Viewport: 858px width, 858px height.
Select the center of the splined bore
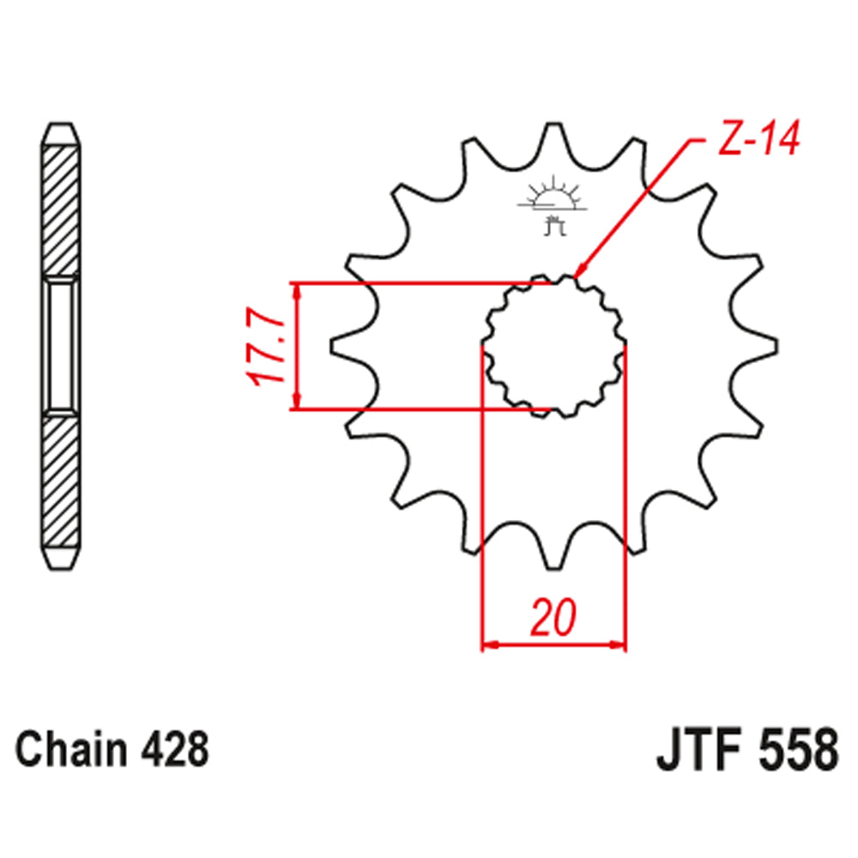(x=553, y=347)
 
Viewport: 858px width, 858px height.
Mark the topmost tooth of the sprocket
(x=553, y=137)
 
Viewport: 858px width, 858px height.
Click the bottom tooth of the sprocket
(x=553, y=558)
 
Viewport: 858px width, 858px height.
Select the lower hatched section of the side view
(x=64, y=480)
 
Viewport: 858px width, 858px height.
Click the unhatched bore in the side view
(x=64, y=347)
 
